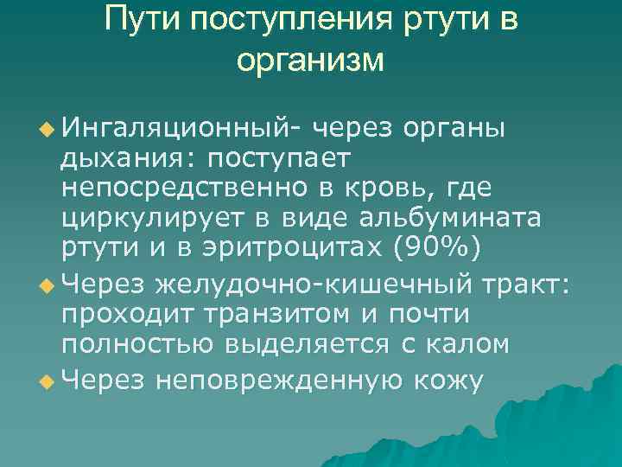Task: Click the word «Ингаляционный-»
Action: [x=181, y=131]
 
